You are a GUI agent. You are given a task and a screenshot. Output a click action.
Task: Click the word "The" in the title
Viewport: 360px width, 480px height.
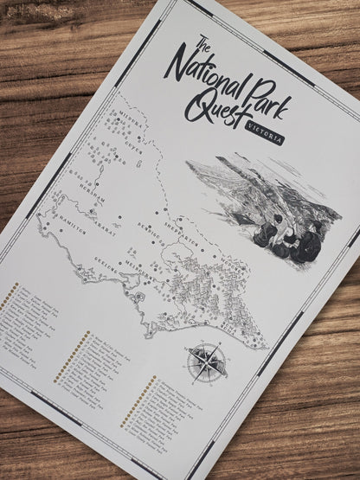pos(203,48)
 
